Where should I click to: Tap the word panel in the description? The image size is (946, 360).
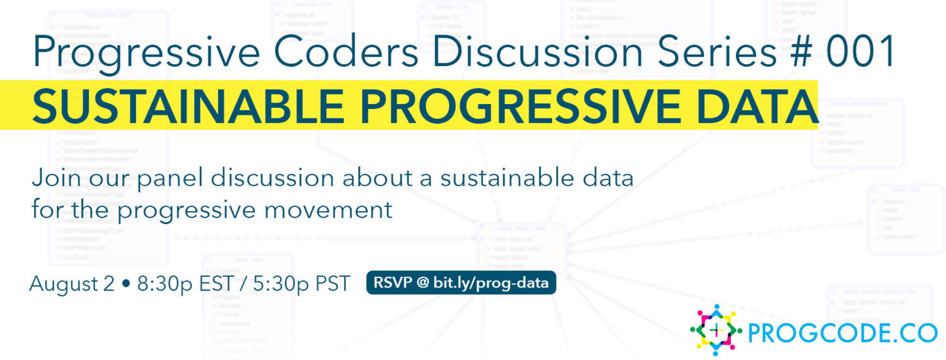point(170,178)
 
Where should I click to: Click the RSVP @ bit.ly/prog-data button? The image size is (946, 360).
point(461,283)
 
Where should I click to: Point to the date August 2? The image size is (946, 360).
point(72,284)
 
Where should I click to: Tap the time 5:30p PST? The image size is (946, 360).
point(301,284)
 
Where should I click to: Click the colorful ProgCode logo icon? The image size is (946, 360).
point(715,329)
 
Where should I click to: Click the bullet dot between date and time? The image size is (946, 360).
point(126,285)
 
